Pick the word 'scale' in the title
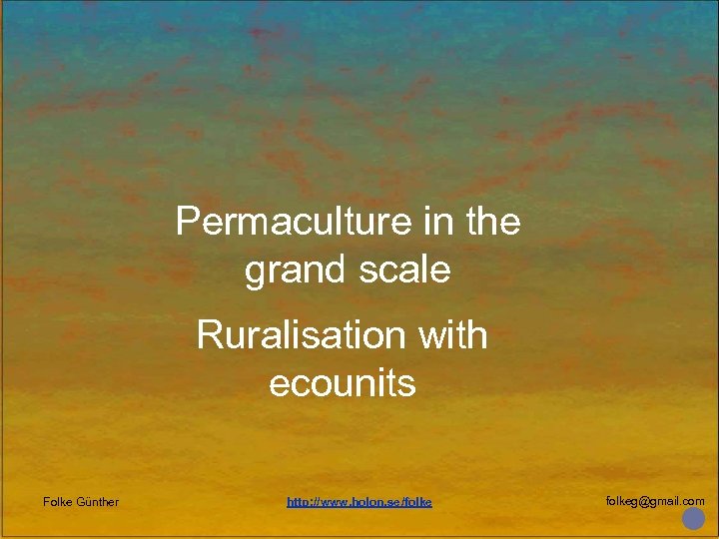405,269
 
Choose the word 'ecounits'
342,383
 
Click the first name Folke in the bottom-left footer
58,501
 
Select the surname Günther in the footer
98,501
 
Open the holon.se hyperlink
359,501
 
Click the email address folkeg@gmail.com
655,501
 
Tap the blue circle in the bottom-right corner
693,519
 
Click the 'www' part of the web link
331,501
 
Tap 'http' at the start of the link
297,501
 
